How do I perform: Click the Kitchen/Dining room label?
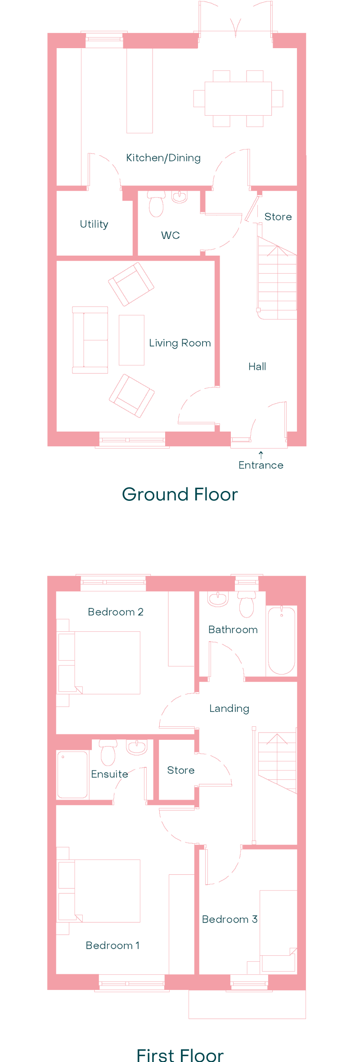(x=163, y=158)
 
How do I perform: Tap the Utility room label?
(x=94, y=224)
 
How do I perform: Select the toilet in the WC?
(x=156, y=204)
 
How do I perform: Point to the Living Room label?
(x=180, y=343)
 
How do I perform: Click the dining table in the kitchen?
(x=238, y=99)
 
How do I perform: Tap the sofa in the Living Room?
(x=90, y=340)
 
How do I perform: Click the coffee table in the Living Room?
(x=131, y=340)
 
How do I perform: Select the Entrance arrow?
(x=261, y=455)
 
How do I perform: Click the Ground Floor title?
(x=180, y=494)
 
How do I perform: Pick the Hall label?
(x=257, y=367)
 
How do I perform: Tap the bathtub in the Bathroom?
(x=282, y=640)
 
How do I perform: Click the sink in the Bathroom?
(x=218, y=599)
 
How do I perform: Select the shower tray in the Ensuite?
(x=72, y=774)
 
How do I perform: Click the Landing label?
(x=229, y=709)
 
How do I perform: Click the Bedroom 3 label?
(x=229, y=919)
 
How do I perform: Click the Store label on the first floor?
(x=181, y=770)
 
